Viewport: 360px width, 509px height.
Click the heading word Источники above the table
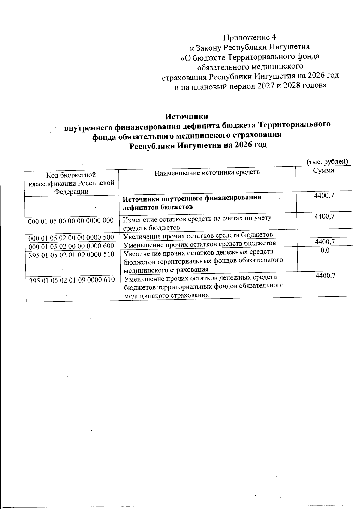(x=187, y=116)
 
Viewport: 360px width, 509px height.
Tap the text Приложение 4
(x=249, y=37)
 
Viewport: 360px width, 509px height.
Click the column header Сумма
(x=324, y=171)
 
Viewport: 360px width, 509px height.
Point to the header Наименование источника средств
(x=207, y=172)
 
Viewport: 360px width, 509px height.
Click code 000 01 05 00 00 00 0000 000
(x=71, y=221)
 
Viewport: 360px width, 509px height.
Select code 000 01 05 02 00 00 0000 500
(x=71, y=238)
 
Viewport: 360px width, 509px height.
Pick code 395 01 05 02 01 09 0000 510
(x=71, y=255)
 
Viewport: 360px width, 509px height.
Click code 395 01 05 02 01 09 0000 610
(x=72, y=280)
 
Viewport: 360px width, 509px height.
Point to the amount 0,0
(x=325, y=250)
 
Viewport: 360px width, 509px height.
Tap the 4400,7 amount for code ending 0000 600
(x=325, y=241)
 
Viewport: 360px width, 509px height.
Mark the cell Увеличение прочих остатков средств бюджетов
(x=198, y=235)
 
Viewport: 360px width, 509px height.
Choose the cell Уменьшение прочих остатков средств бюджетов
(x=199, y=243)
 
